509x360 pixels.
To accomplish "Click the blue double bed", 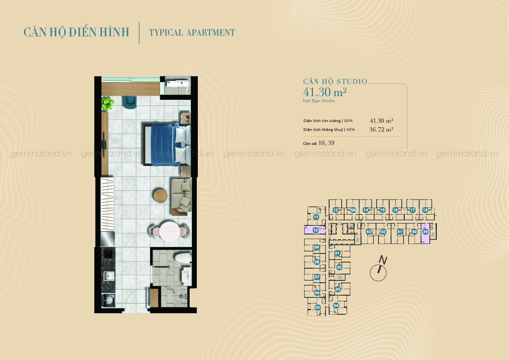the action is (x=167, y=144).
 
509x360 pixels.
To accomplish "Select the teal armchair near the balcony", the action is (x=130, y=102).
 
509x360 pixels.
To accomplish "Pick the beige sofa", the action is (x=181, y=197).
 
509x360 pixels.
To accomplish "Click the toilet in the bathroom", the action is (x=183, y=258).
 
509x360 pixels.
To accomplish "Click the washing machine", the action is (x=109, y=300).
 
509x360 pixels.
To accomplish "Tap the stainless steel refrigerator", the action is (x=108, y=239).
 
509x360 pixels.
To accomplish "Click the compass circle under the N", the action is (x=378, y=273).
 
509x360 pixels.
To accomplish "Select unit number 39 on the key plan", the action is (x=426, y=232).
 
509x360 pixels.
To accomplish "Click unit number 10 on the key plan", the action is (x=315, y=230).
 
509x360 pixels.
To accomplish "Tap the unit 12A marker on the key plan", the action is (x=353, y=210).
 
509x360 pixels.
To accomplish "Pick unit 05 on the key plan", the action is (x=317, y=307).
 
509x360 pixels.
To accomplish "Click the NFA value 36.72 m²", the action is (x=381, y=129).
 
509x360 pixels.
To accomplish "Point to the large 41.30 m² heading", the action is (x=325, y=92).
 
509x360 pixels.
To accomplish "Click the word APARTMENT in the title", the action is (x=210, y=32).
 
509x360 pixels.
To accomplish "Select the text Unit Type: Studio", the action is (x=319, y=101).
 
